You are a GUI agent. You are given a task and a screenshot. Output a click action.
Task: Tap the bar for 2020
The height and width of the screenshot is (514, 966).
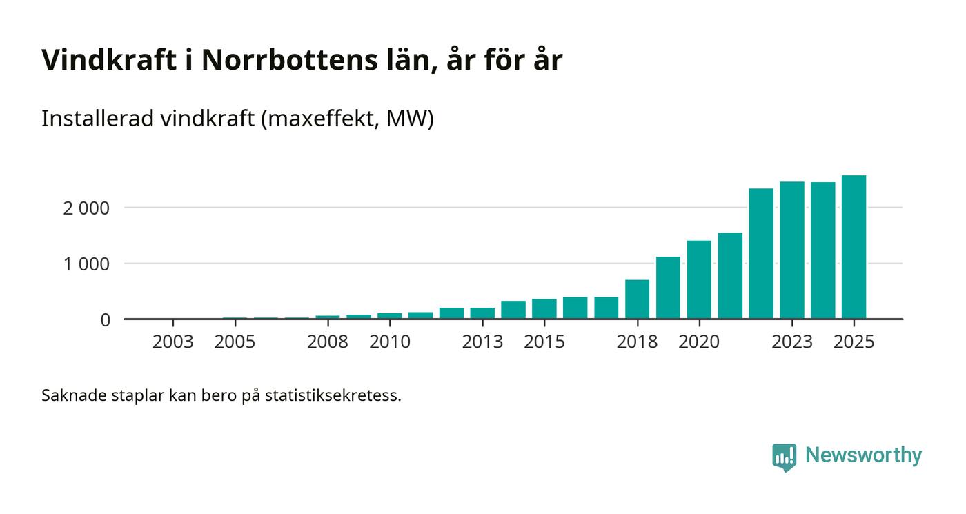699,280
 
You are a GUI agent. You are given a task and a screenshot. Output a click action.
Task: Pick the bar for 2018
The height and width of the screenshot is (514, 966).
637,299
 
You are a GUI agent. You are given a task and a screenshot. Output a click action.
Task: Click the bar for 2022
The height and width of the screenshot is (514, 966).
761,254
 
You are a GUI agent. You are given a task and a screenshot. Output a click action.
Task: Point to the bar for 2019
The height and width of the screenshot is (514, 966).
668,288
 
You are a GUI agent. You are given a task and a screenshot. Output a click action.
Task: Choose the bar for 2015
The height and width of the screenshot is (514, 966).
544,309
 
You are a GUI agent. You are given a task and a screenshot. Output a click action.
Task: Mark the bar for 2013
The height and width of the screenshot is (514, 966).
482,313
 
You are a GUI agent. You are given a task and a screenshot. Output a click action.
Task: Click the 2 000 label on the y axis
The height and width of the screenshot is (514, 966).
86,208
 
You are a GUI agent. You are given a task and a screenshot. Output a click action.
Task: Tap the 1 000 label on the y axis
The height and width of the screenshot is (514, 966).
86,264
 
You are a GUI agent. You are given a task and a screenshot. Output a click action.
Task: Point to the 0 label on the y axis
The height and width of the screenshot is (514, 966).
105,320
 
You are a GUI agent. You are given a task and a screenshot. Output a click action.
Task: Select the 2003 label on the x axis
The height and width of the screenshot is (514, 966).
172,342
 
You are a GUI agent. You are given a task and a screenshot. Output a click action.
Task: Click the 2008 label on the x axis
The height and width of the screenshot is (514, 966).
328,342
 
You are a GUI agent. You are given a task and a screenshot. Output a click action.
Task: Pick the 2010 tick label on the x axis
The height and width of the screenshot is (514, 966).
389,342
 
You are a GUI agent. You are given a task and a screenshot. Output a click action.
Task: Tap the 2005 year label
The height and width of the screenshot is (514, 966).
235,342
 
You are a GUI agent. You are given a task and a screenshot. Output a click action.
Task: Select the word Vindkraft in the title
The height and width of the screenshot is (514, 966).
109,60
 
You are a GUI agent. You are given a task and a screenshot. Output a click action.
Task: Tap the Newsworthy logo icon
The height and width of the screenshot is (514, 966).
784,457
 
